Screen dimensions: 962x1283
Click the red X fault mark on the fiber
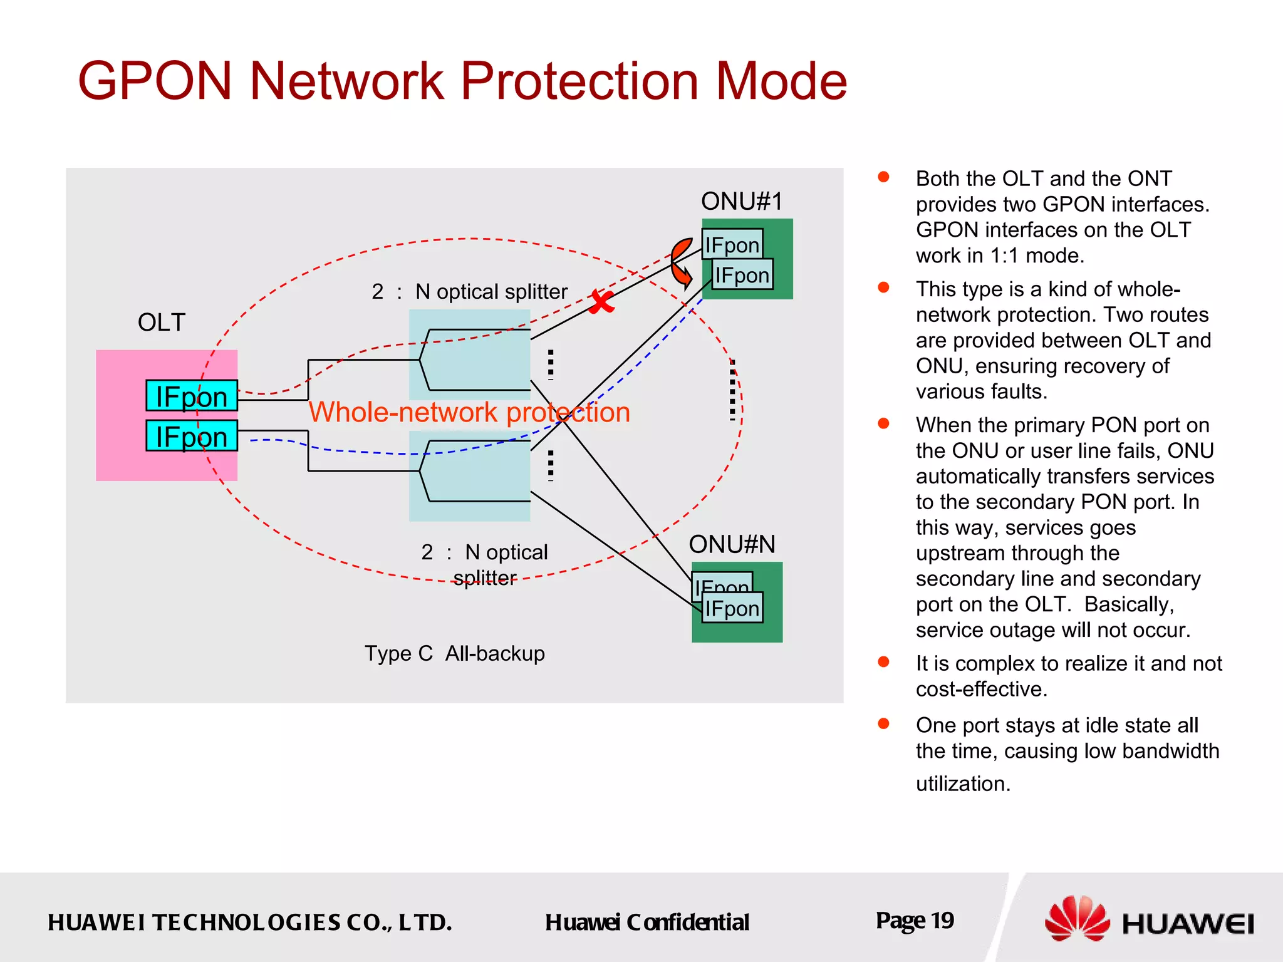601,303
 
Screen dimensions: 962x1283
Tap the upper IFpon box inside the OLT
192,396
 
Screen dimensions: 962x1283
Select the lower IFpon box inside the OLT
192,436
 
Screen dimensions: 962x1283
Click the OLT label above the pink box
162,323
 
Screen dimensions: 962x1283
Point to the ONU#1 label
742,202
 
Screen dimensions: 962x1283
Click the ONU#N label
732,544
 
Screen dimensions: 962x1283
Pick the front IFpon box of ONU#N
732,608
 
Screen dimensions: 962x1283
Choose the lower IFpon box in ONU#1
742,275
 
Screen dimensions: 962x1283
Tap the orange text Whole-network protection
469,412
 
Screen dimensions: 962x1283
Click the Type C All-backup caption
455,653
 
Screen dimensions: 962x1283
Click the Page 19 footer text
915,921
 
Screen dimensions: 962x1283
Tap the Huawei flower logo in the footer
1076,919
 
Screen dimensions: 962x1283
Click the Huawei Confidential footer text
647,922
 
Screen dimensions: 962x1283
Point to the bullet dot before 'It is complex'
884,662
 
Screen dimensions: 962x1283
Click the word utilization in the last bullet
963,784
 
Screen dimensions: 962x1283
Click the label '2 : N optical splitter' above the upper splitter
469,292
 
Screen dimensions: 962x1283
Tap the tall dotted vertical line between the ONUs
732,389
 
